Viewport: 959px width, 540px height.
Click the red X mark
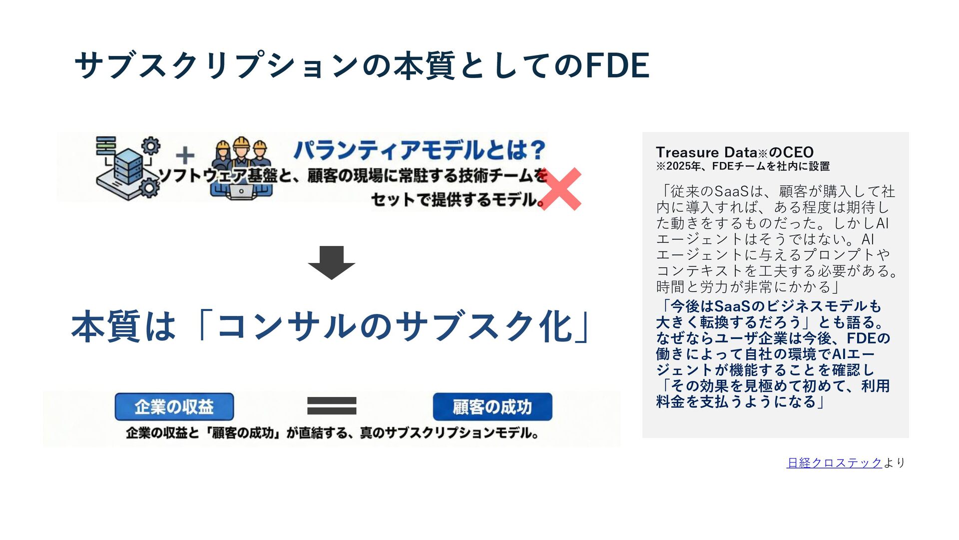(x=560, y=189)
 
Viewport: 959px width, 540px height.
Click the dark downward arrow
(x=331, y=262)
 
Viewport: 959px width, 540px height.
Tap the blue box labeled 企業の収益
(x=174, y=406)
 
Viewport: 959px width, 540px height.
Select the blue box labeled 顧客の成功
(x=492, y=406)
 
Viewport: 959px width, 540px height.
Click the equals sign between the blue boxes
(x=332, y=405)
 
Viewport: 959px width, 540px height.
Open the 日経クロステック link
(x=834, y=462)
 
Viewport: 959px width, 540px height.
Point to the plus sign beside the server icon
(x=185, y=155)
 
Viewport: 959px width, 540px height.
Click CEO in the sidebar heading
(x=798, y=152)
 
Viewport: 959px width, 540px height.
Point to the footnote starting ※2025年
(x=742, y=166)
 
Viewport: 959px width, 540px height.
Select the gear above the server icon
(x=151, y=145)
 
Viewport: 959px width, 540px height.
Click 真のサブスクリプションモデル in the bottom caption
(x=448, y=433)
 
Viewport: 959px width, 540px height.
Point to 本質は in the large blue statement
(x=123, y=326)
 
